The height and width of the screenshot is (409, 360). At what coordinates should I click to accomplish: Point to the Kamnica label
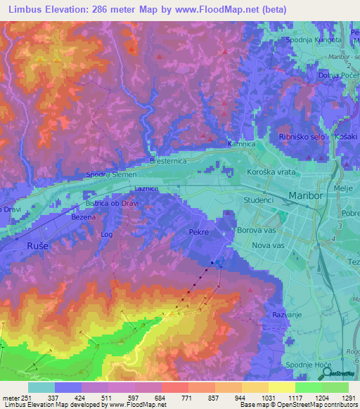point(240,144)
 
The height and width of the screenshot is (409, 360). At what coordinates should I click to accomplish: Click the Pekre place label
point(200,231)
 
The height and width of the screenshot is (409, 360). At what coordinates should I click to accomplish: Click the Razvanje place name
point(287,315)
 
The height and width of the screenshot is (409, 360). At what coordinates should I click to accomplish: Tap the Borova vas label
point(275,230)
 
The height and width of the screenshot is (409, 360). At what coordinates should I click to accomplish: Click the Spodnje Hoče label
point(307,365)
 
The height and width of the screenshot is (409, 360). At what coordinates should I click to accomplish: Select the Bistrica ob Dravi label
point(111,204)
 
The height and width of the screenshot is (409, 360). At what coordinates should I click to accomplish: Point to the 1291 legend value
point(348,398)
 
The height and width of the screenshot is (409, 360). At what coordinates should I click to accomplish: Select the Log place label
point(107,234)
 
